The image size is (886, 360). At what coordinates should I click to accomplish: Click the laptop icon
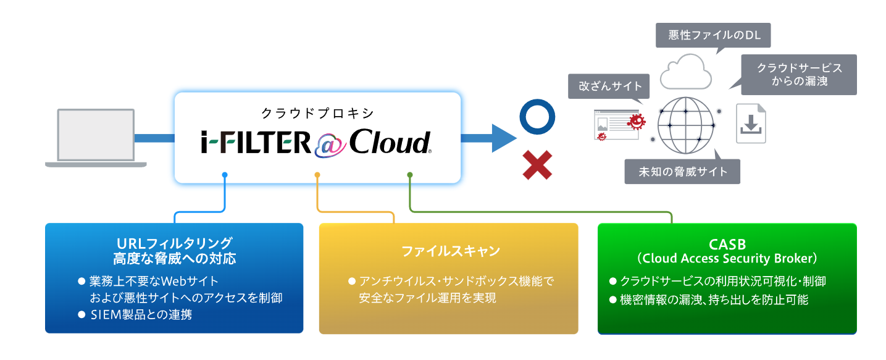[x=96, y=137]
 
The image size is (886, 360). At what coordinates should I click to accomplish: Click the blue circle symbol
[x=537, y=117]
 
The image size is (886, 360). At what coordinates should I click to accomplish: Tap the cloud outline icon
[x=683, y=72]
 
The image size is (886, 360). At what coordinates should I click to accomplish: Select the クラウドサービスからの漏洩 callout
[x=799, y=74]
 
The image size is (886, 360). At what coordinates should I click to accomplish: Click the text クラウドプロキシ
[x=318, y=112]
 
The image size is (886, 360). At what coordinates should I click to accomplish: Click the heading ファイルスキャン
[x=449, y=251]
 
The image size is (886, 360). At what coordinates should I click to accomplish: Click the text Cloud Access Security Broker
[x=727, y=258]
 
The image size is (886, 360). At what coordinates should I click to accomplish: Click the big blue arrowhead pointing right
[x=503, y=138]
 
